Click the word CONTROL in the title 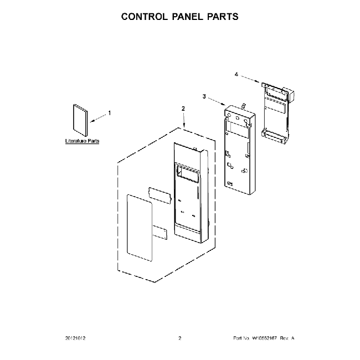coord(146,17)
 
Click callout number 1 coord(109,113)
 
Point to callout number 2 coord(183,109)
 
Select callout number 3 coord(204,96)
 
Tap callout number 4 coord(236,74)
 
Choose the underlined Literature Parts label coord(83,142)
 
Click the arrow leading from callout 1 coord(98,117)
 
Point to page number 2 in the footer coord(180,338)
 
